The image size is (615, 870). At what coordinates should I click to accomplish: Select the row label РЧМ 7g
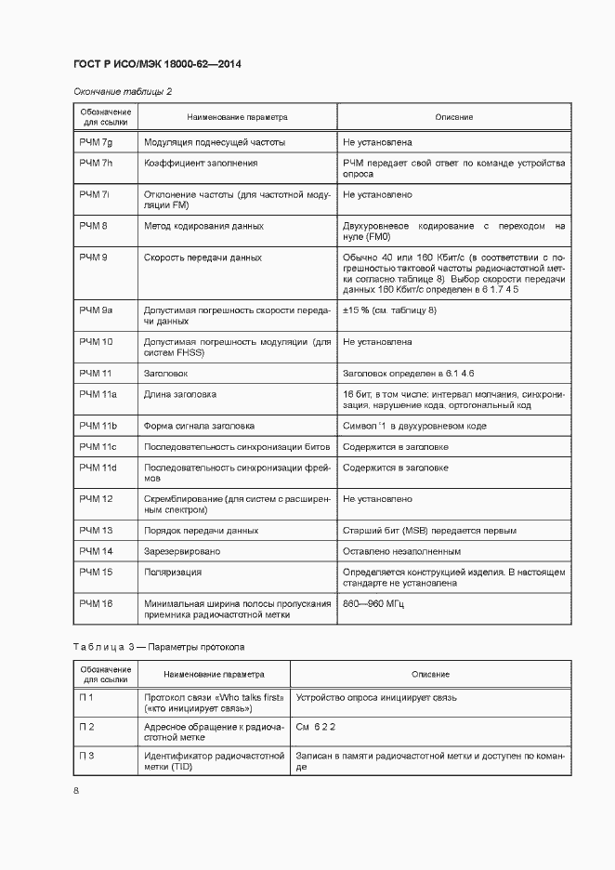pyautogui.click(x=96, y=143)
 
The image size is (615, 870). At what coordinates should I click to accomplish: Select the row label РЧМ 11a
pyautogui.click(x=98, y=394)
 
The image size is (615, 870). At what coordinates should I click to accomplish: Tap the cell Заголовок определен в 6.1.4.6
pyautogui.click(x=409, y=373)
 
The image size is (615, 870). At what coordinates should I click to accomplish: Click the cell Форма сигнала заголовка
pyautogui.click(x=200, y=426)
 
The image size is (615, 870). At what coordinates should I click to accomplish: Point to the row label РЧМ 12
pyautogui.click(x=96, y=499)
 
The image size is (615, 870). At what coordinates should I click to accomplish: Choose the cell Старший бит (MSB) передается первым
pyautogui.click(x=430, y=530)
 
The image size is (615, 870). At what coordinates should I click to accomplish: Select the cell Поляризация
pyautogui.click(x=173, y=573)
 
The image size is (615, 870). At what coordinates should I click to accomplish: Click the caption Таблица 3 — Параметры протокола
pyautogui.click(x=158, y=646)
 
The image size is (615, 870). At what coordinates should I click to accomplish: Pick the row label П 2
pyautogui.click(x=87, y=726)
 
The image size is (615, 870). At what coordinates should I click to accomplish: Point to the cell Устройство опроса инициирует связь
pyautogui.click(x=375, y=696)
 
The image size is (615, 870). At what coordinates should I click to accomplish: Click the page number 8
pyautogui.click(x=76, y=790)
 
